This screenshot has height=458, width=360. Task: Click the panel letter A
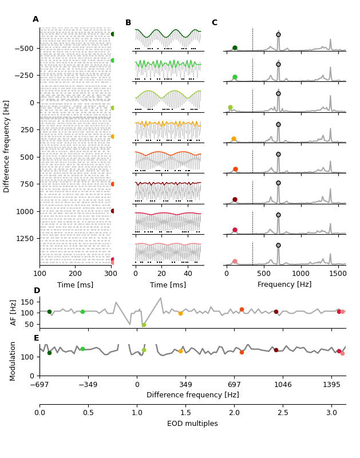pyautogui.click(x=35, y=19)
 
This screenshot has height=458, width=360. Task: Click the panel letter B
pyautogui.click(x=128, y=23)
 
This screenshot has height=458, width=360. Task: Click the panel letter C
pyautogui.click(x=215, y=23)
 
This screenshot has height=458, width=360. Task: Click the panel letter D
pyautogui.click(x=37, y=291)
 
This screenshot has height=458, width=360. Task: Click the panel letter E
pyautogui.click(x=37, y=338)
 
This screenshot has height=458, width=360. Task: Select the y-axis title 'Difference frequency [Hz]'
pyautogui.click(x=7, y=146)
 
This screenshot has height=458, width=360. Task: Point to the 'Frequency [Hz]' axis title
pyautogui.click(x=284, y=285)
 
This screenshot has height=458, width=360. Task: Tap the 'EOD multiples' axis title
pyautogui.click(x=192, y=424)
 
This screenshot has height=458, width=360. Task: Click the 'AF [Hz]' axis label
pyautogui.click(x=14, y=313)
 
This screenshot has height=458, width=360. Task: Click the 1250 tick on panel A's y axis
pyautogui.click(x=25, y=238)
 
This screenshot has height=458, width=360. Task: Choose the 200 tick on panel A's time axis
pyautogui.click(x=75, y=274)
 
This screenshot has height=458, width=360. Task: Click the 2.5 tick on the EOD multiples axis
pyautogui.click(x=282, y=413)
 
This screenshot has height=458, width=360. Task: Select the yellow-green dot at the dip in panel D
pyautogui.click(x=144, y=325)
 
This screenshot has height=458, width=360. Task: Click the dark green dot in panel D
pyautogui.click(x=49, y=312)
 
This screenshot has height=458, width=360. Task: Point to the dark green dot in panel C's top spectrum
pyautogui.click(x=235, y=48)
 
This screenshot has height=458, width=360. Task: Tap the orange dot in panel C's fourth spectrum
pyautogui.click(x=234, y=139)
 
